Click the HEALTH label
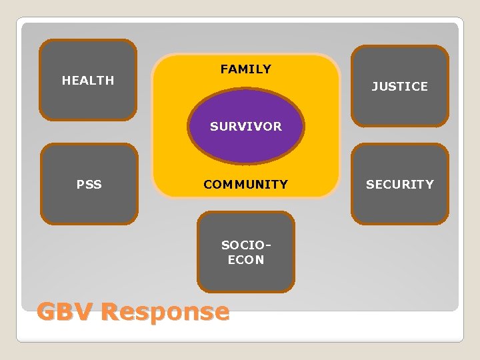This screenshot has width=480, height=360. tap(88, 81)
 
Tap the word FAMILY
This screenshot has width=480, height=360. tap(246, 69)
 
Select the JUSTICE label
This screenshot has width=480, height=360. tap(399, 87)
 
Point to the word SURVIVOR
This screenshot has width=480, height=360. tap(246, 126)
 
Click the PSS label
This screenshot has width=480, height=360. tap(89, 185)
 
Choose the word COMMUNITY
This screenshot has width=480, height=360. tap(246, 185)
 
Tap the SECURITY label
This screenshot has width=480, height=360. tap(399, 185)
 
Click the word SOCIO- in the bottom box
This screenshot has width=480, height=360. tap(246, 245)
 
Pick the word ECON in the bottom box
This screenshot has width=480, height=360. tap(246, 260)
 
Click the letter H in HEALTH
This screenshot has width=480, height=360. tap(66, 81)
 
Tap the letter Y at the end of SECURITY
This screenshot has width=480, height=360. tap(429, 185)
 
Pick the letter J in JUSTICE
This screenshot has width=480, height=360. tap(375, 87)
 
